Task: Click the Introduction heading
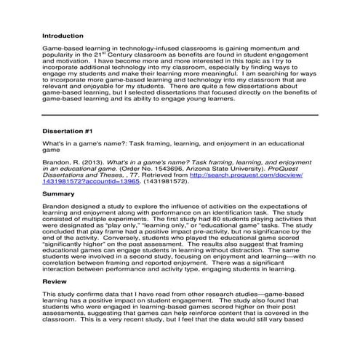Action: tap(63, 35)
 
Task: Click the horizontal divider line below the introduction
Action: tap(180, 114)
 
